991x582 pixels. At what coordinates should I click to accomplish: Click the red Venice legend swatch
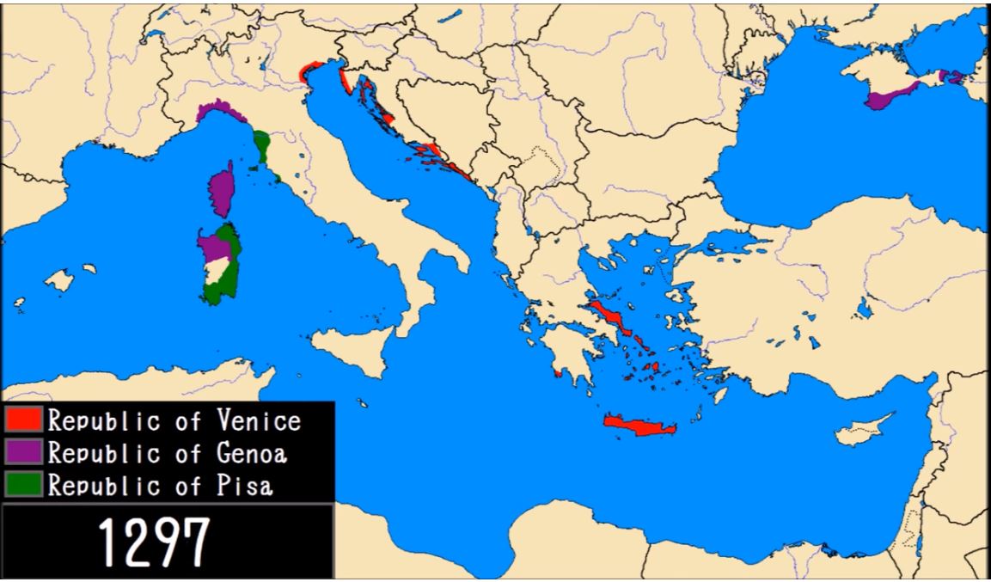pyautogui.click(x=23, y=419)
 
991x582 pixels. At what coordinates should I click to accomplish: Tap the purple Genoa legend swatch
pyautogui.click(x=23, y=451)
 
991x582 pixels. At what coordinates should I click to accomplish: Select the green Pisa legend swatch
pyautogui.click(x=23, y=483)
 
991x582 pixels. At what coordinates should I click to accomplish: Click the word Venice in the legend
pyautogui.click(x=259, y=420)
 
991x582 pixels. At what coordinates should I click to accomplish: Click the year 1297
pyautogui.click(x=154, y=542)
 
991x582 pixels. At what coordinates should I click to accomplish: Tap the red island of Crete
pyautogui.click(x=640, y=424)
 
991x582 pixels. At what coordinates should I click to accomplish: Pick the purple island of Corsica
pyautogui.click(x=222, y=193)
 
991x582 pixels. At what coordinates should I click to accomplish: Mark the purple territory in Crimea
pyautogui.click(x=885, y=97)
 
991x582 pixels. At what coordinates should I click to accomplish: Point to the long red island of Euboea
pyautogui.click(x=613, y=317)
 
